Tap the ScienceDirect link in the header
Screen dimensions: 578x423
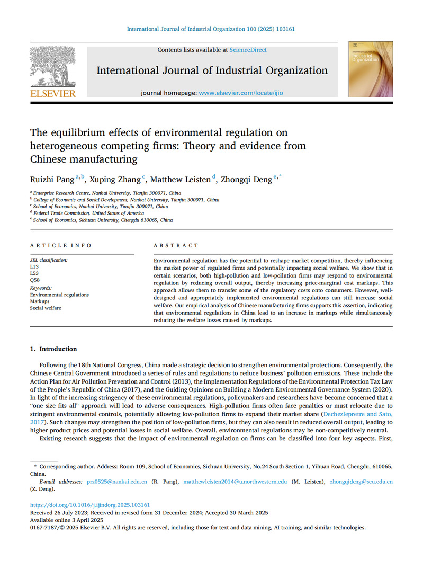point(248,50)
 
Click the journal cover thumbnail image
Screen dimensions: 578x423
point(370,69)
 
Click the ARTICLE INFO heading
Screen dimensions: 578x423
point(60,246)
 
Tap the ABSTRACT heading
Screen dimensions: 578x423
point(176,246)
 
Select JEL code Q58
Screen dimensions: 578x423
point(34,280)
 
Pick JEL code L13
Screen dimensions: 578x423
point(34,267)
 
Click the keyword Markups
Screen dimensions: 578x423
point(40,301)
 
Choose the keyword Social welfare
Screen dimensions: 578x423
point(46,308)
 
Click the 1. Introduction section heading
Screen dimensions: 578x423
point(53,349)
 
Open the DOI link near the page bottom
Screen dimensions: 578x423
point(90,505)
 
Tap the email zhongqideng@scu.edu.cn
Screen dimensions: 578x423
point(361,482)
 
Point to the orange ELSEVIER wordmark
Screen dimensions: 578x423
point(52,94)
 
